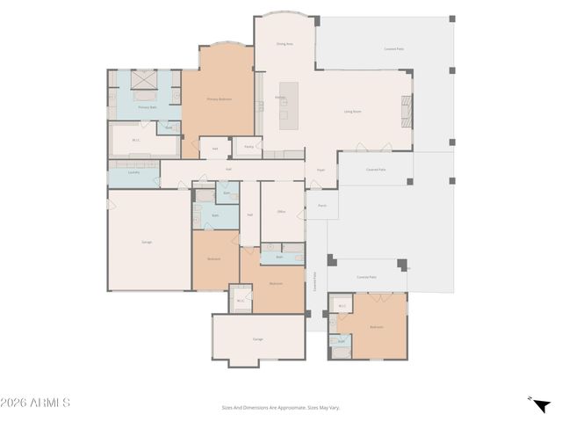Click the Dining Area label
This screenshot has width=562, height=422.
284,42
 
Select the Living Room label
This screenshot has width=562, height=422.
353,112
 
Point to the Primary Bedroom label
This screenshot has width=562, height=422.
218,99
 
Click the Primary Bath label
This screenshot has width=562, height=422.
148,107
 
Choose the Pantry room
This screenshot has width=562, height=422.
249,147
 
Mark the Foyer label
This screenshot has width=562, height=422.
321,170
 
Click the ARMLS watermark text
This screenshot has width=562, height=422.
35,403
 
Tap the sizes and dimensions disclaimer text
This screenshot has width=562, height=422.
281,407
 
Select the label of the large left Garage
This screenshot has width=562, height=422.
148,242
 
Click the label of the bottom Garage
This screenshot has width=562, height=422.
258,338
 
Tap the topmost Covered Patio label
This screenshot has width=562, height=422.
393,49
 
